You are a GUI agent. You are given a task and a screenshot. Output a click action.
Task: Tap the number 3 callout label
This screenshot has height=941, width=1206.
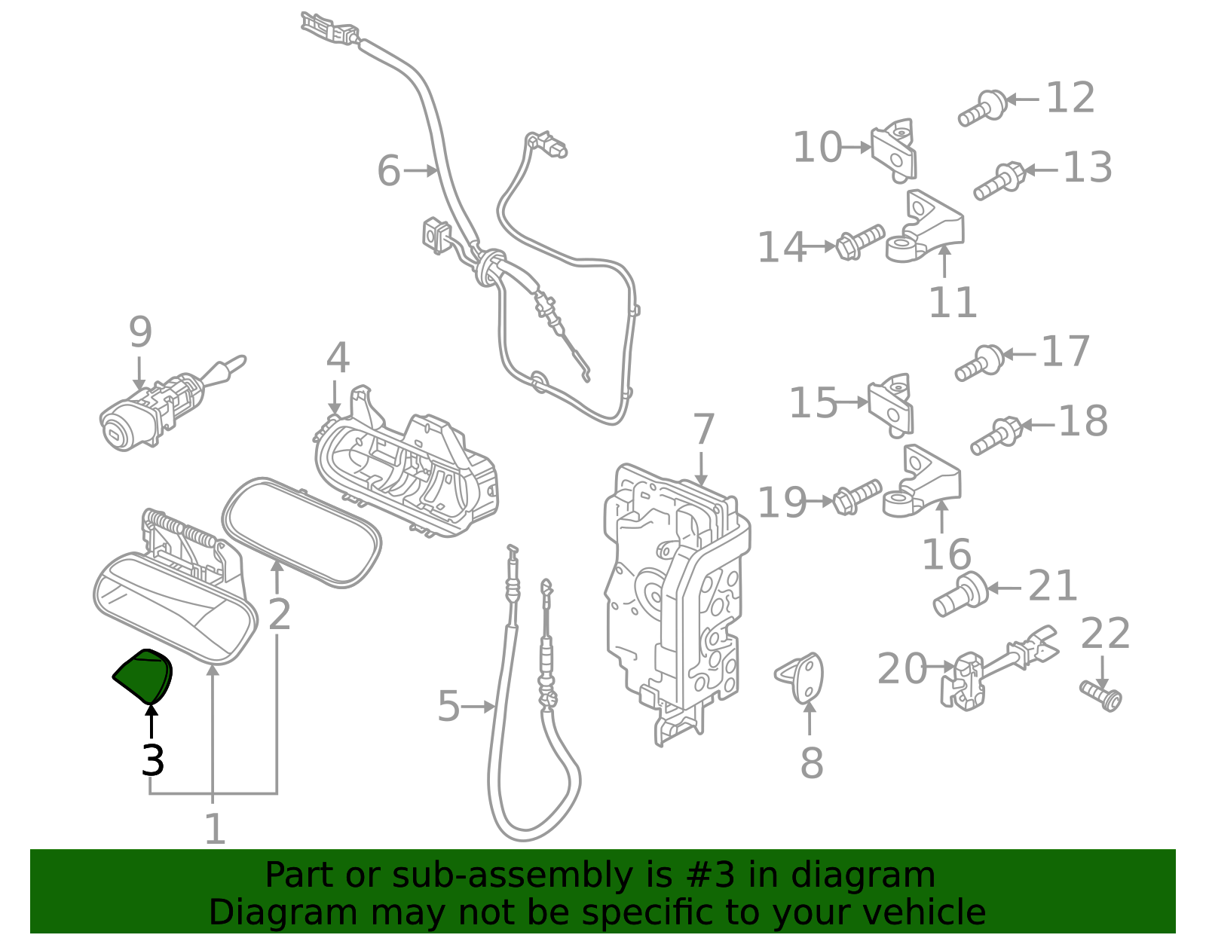pos(152,760)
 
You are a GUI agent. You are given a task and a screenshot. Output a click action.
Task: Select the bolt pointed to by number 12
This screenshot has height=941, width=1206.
pos(982,108)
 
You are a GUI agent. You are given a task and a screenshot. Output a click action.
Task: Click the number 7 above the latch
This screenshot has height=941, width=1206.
pos(702,430)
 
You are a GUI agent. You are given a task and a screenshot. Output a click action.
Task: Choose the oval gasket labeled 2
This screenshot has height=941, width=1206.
pos(301,532)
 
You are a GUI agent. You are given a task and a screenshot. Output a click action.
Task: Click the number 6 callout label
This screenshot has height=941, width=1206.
pos(389,170)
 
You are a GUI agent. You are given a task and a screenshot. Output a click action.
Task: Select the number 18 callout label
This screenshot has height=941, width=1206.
pos(1083,421)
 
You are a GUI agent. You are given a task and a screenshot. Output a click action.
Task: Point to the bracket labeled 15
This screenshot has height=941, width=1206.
pos(892,405)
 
